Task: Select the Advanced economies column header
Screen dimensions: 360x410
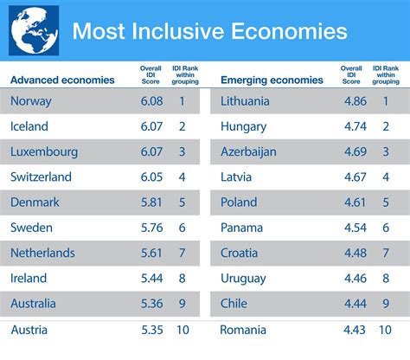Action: [62, 80]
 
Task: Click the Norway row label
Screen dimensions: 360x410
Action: [31, 101]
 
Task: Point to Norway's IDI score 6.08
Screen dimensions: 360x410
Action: [150, 101]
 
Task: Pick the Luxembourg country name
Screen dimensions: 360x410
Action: [44, 151]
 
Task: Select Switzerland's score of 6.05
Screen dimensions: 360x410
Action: [150, 177]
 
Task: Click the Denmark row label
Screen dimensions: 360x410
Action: [35, 202]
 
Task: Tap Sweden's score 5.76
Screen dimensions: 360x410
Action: [150, 228]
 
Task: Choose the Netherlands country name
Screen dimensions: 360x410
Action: [42, 254]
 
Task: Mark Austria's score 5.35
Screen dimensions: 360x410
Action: [150, 330]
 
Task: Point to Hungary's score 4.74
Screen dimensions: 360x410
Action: [351, 126]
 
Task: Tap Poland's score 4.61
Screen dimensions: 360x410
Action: [351, 202]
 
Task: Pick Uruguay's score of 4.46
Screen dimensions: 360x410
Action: [351, 279]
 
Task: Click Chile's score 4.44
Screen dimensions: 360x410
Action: [351, 304]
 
